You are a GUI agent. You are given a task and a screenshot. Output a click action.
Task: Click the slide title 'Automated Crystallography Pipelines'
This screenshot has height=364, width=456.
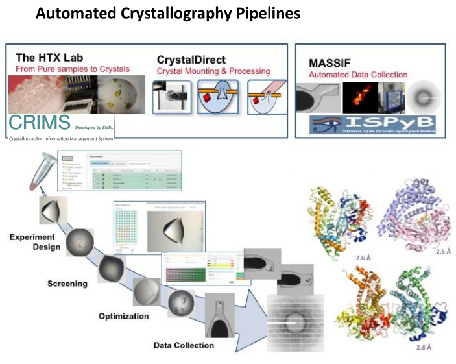167,13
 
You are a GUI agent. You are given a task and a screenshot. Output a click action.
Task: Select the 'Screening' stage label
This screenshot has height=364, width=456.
68,284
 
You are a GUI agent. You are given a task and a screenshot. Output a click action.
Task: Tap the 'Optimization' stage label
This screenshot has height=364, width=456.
124,316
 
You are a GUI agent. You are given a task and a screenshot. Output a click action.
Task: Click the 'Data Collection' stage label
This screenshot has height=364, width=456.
184,345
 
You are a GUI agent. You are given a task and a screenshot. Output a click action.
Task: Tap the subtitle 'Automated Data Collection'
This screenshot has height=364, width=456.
358,75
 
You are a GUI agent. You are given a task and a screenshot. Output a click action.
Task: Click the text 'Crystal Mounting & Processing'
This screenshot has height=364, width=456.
213,71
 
